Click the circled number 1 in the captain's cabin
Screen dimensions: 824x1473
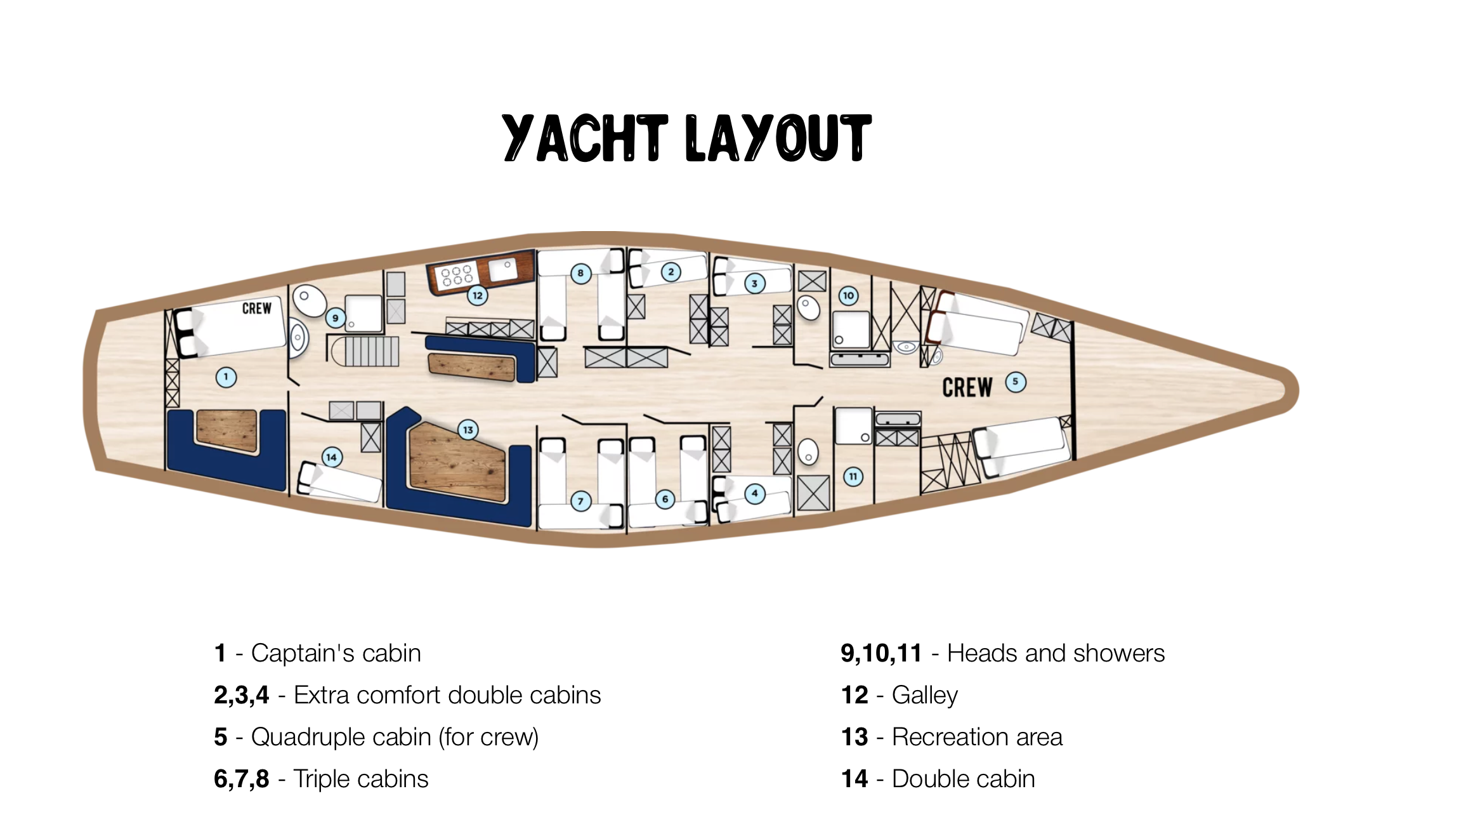[x=226, y=377]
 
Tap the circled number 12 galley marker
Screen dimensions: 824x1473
[x=478, y=296]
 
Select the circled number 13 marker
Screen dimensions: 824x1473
[x=468, y=430]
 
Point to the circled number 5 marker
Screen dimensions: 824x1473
[x=1016, y=382]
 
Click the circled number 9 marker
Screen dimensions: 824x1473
[x=336, y=318]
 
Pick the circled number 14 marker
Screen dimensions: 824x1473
[x=332, y=457]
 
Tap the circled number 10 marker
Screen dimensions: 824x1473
[x=849, y=295]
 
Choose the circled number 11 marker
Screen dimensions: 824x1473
[x=853, y=477]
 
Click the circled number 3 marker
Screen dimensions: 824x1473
[x=754, y=284]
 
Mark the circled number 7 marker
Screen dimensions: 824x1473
[x=580, y=502]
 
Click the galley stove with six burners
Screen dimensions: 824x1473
[x=457, y=276]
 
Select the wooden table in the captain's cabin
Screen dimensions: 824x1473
[x=227, y=430]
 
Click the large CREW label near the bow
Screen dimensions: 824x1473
[x=967, y=387]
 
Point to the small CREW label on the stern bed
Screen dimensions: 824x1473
[x=256, y=309]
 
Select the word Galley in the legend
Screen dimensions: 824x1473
[x=924, y=695]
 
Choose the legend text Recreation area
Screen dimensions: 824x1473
[x=977, y=737]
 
